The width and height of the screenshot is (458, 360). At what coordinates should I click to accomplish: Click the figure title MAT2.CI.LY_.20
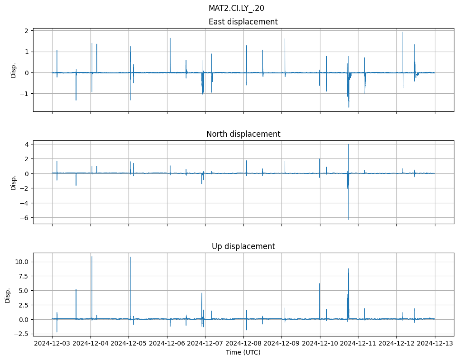click(236, 8)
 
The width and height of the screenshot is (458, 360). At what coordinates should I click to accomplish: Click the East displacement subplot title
click(243, 22)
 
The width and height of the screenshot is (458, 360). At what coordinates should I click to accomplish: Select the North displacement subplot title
click(243, 134)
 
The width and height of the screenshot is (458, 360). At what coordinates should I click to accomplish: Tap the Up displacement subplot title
click(243, 246)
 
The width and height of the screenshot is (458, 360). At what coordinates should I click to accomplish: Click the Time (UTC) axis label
click(243, 352)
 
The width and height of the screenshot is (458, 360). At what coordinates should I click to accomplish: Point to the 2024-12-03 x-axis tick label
click(52, 343)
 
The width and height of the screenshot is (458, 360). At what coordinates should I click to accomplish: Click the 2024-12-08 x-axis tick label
click(243, 343)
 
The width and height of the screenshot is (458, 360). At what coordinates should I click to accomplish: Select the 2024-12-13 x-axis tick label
click(435, 343)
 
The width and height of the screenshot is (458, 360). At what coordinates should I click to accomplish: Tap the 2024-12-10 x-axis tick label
click(320, 343)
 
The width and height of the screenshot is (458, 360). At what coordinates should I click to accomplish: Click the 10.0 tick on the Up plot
click(22, 262)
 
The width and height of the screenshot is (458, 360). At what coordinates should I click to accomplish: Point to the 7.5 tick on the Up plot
click(24, 276)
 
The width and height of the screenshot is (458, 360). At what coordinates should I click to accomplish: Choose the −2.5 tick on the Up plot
click(22, 334)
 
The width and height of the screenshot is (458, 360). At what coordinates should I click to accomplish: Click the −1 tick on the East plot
click(25, 94)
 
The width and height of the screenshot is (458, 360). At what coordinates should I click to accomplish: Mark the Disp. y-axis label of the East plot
click(14, 70)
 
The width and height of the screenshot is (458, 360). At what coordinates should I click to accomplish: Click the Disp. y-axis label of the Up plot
click(8, 295)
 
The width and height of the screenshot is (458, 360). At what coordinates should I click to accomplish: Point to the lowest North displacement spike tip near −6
click(348, 220)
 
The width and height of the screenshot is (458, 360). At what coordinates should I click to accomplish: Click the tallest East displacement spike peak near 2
click(403, 32)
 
